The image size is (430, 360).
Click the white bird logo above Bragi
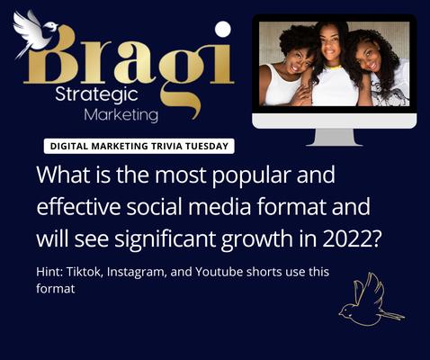[x=36, y=31]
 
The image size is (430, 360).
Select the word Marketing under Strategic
[x=120, y=115]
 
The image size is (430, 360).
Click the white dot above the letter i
[x=223, y=29]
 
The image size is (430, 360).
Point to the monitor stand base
[x=336, y=141]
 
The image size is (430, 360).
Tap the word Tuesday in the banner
[x=205, y=145]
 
